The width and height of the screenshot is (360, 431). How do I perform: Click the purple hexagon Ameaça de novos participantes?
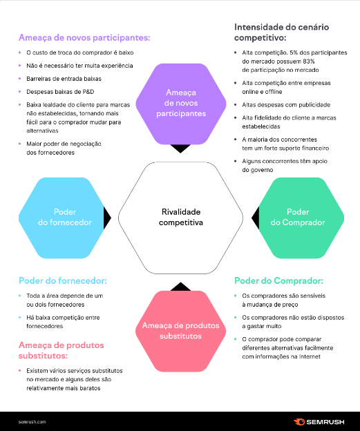pyautogui.click(x=180, y=102)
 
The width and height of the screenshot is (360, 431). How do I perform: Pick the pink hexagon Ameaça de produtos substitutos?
pyautogui.click(x=180, y=331)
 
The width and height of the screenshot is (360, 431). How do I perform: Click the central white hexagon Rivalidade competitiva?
pyautogui.click(x=180, y=218)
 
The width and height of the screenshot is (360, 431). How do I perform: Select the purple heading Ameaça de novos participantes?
pyautogui.click(x=84, y=38)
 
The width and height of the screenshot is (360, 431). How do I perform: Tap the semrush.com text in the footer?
pyautogui.click(x=32, y=421)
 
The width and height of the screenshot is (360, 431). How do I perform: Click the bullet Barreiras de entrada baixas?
pyautogui.click(x=59, y=79)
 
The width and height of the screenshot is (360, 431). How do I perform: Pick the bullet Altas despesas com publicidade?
pyautogui.click(x=286, y=105)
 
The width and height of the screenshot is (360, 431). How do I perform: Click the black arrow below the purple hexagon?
pyautogui.click(x=180, y=148)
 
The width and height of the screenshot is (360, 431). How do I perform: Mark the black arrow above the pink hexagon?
pyautogui.click(x=180, y=286)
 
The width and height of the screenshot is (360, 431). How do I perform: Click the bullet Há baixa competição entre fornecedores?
pyautogui.click(x=62, y=322)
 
